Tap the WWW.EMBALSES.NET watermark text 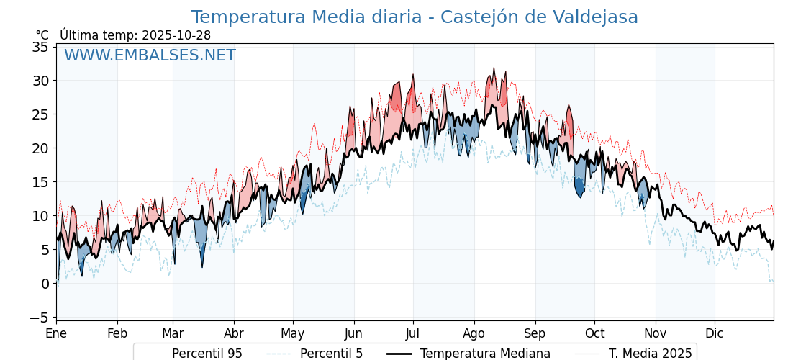click(x=150, y=55)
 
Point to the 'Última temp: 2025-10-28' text click(x=135, y=35)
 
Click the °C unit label click(x=42, y=35)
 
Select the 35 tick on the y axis click(x=40, y=47)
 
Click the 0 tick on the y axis click(x=45, y=284)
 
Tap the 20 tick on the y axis click(x=40, y=148)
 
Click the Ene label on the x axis click(x=56, y=334)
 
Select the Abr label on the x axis click(x=234, y=334)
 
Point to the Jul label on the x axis click(x=413, y=334)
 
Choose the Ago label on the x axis click(x=474, y=334)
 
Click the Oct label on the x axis click(x=594, y=334)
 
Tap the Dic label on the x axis click(x=715, y=334)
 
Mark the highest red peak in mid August click(x=494, y=70)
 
